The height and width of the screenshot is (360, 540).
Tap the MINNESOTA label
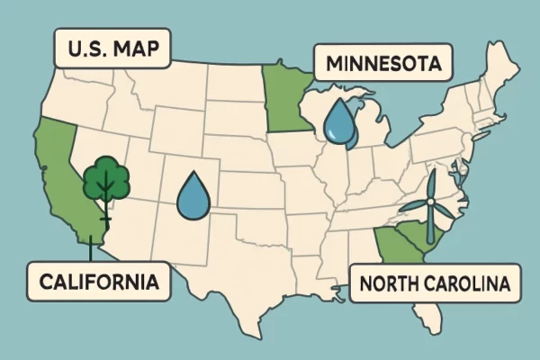382,65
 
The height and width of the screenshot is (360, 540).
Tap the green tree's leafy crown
106,178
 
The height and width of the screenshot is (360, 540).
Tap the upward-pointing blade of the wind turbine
430,184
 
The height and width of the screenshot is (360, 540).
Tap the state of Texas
243,279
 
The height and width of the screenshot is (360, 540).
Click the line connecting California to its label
90,252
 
